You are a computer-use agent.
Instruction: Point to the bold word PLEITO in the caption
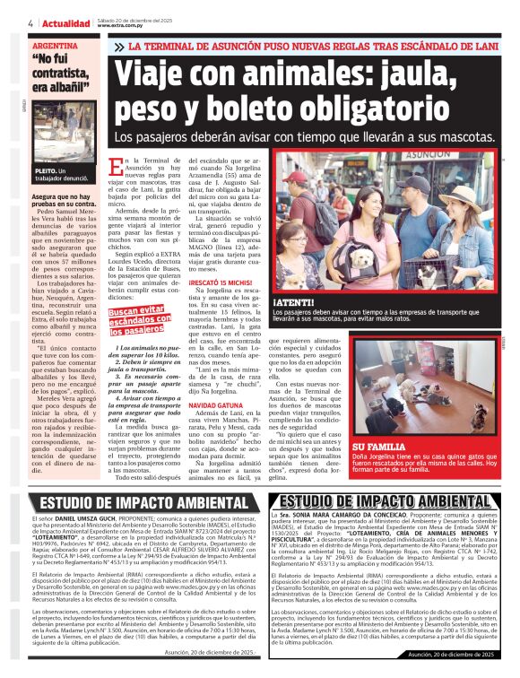[x=46, y=169]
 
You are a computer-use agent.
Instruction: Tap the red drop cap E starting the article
[x=129, y=168]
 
